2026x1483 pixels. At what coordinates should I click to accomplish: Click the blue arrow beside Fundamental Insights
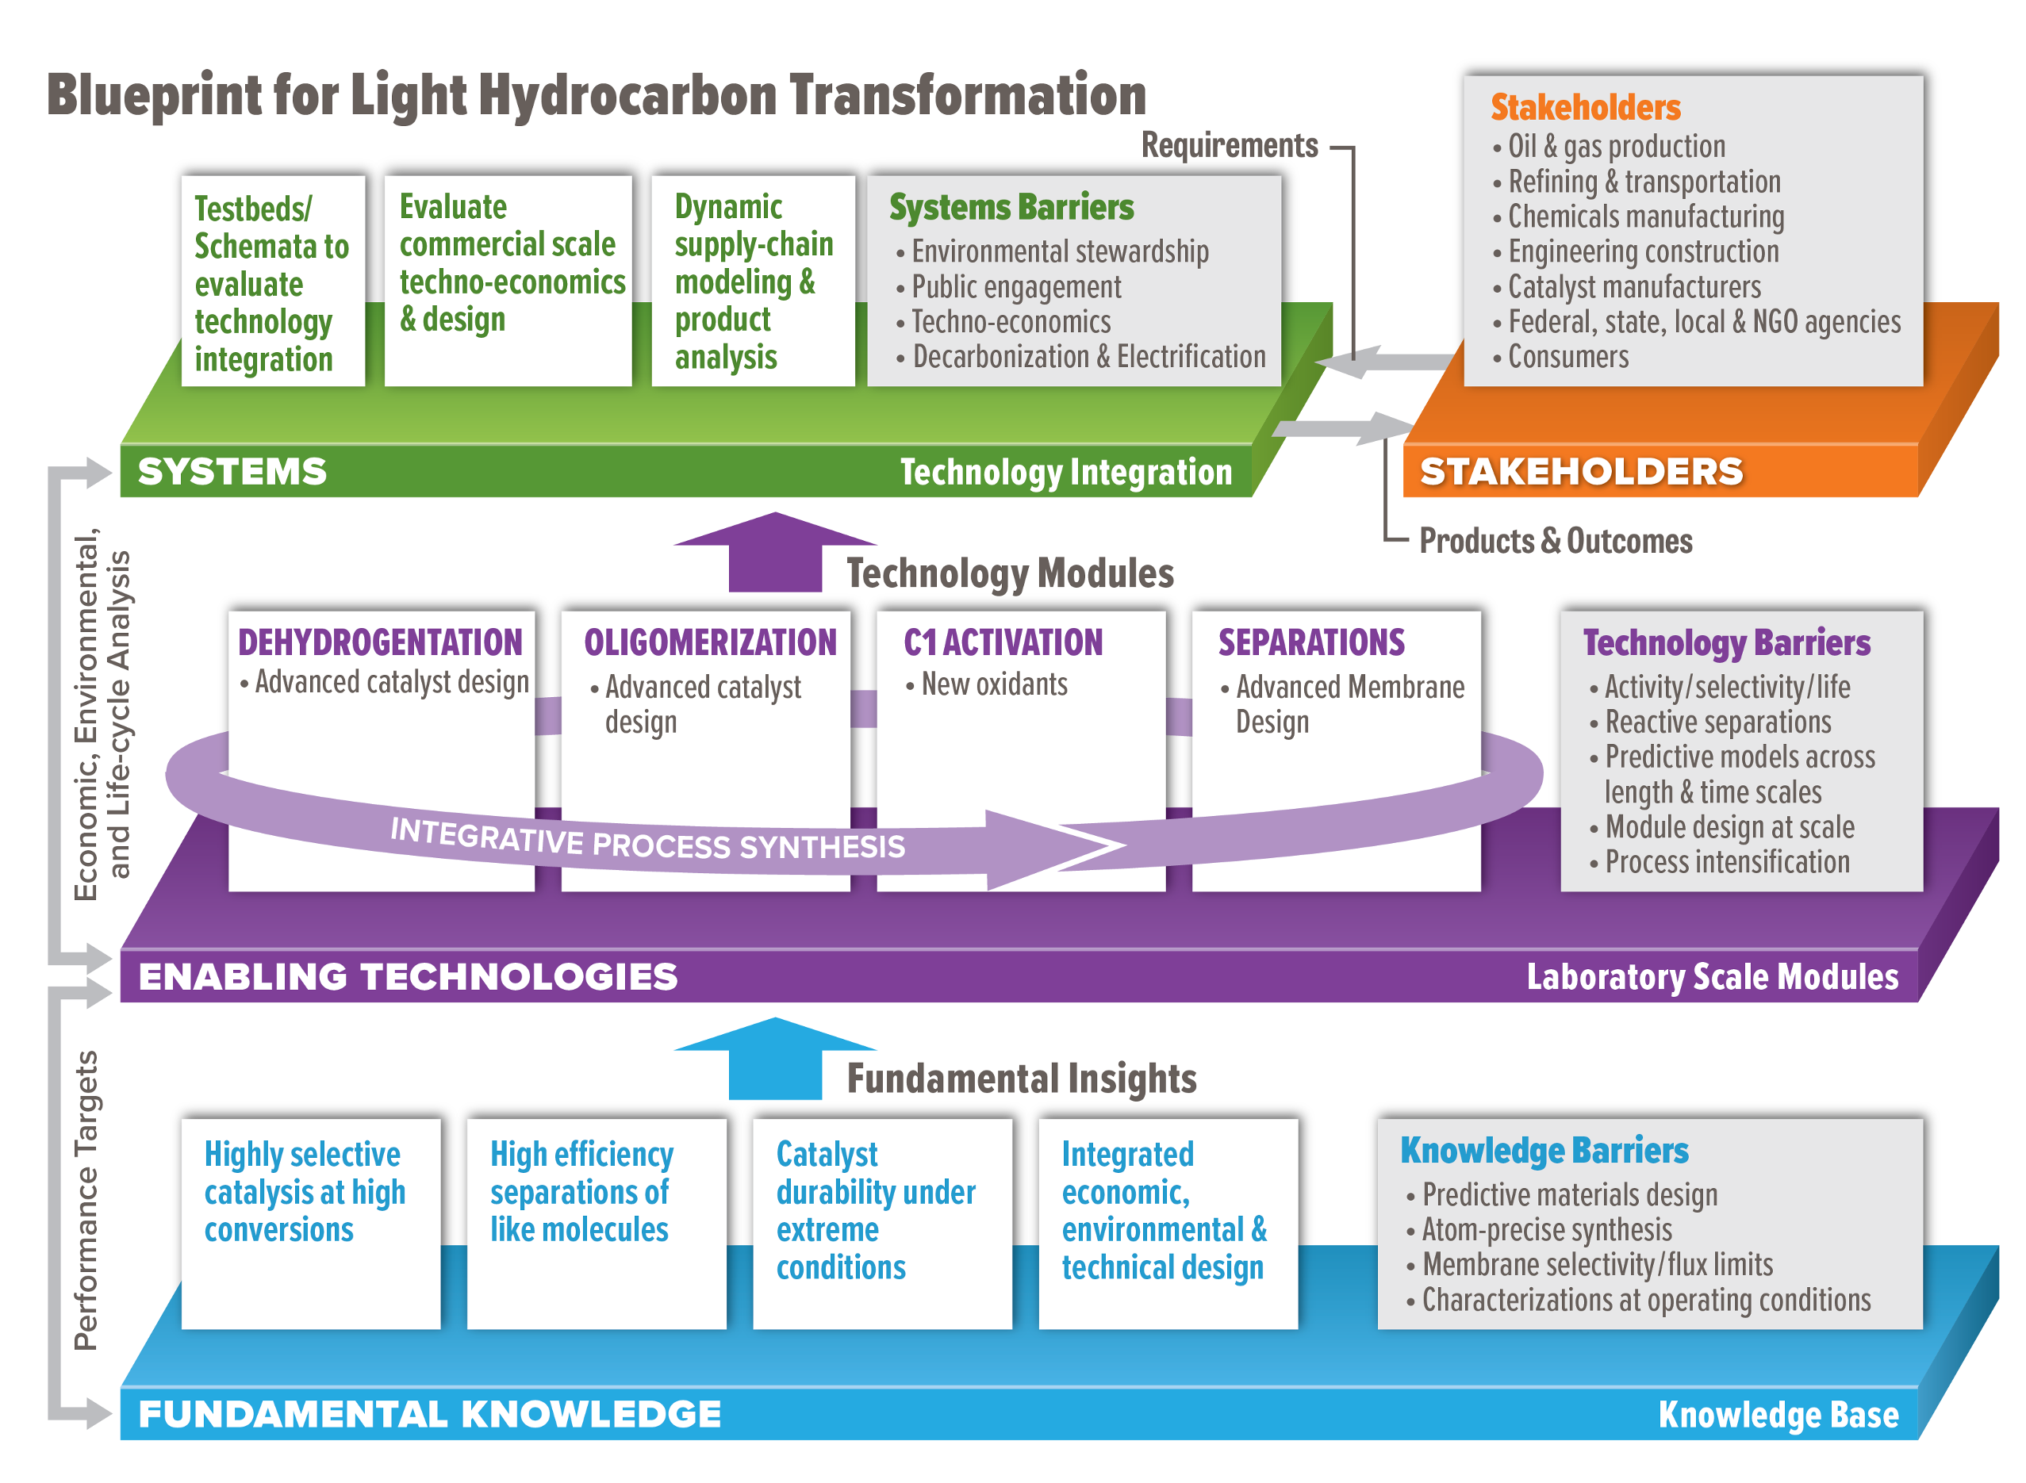[x=775, y=1061]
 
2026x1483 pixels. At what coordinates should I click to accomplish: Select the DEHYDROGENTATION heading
[x=380, y=642]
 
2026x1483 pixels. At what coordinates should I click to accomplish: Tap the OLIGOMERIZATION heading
[x=710, y=642]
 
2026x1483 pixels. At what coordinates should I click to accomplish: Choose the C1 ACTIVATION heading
[x=1003, y=642]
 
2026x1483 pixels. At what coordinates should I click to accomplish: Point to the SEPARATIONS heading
[x=1311, y=642]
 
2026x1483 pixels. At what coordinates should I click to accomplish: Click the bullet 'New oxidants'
[x=994, y=685]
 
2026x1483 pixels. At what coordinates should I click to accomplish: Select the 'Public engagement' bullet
[x=1015, y=287]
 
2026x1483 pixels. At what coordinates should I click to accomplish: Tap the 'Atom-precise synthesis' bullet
[x=1546, y=1230]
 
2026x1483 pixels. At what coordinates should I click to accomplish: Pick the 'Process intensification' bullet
[x=1727, y=863]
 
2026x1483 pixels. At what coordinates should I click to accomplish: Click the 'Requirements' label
[x=1230, y=145]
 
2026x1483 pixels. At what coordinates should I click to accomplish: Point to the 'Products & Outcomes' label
[x=1556, y=542]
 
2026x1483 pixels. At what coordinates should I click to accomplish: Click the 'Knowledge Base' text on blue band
[x=1779, y=1415]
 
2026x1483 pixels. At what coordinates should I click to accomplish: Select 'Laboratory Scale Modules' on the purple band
[x=1713, y=977]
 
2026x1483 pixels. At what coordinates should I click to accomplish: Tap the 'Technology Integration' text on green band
[x=1066, y=472]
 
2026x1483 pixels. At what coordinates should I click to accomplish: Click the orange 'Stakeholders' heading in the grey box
[x=1585, y=108]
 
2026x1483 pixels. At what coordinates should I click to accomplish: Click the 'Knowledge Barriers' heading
[x=1544, y=1151]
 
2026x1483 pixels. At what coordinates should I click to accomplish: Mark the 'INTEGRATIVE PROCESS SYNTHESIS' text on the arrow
[x=647, y=841]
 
